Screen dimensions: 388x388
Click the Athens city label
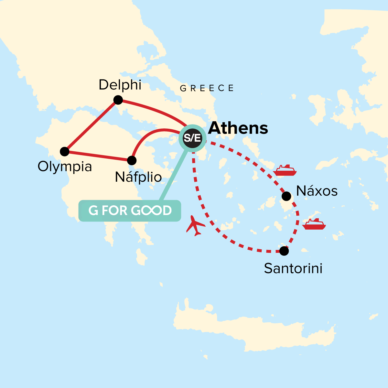(238, 128)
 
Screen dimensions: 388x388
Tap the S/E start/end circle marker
(192, 138)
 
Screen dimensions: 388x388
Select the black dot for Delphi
(118, 100)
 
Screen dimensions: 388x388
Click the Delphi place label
(120, 85)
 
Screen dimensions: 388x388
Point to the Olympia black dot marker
(65, 151)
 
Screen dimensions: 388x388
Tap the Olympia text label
(65, 167)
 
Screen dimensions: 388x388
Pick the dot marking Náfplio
(132, 160)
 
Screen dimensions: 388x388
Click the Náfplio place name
(138, 177)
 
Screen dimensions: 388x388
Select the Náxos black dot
(286, 196)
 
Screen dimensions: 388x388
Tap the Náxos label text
(317, 191)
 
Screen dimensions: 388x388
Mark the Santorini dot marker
(284, 251)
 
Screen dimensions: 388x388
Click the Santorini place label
(293, 268)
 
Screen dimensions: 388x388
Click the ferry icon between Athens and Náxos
(285, 170)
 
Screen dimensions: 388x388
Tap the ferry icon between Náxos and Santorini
(314, 224)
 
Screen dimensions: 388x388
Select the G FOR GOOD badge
(130, 211)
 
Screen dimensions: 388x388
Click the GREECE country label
(207, 88)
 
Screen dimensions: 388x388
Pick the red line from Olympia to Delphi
(92, 125)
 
